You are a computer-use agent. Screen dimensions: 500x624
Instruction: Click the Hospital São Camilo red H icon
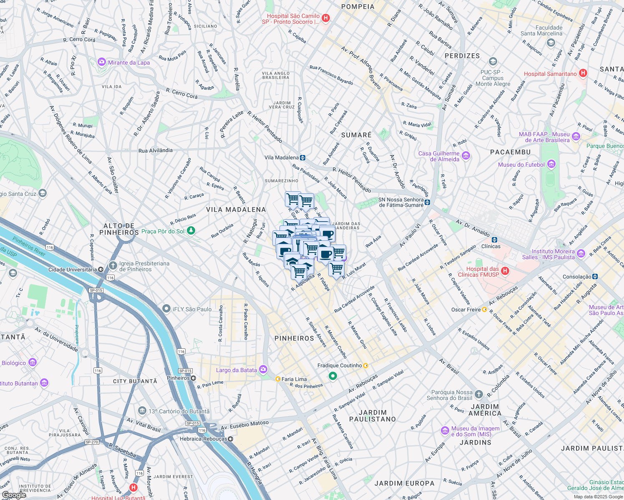click(326, 18)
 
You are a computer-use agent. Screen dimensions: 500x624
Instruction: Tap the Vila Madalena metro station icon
click(302, 157)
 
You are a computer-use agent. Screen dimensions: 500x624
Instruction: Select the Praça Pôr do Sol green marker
click(191, 230)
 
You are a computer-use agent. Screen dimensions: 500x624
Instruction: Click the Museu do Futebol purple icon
click(551, 164)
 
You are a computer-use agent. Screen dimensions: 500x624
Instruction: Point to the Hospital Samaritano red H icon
click(583, 73)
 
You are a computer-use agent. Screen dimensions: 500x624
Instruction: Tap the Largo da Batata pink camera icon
click(263, 370)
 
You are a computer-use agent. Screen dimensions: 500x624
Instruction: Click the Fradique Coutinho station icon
click(366, 365)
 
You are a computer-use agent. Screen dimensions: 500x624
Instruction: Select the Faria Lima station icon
click(278, 379)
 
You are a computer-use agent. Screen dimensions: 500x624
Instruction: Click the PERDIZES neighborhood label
click(462, 56)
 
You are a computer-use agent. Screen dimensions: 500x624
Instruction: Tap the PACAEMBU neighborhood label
click(510, 152)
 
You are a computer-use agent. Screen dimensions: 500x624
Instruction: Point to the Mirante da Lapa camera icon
click(102, 62)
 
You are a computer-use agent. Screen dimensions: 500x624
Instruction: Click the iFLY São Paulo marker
click(166, 309)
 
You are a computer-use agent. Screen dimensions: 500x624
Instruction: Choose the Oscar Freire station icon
click(484, 309)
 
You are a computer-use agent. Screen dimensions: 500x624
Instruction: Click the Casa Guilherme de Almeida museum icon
click(466, 156)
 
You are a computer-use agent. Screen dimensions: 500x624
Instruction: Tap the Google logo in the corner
click(14, 495)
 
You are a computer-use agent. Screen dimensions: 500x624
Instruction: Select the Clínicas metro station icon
click(494, 240)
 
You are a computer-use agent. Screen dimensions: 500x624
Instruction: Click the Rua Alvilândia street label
click(155, 150)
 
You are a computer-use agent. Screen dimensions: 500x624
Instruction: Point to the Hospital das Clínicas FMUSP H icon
click(505, 271)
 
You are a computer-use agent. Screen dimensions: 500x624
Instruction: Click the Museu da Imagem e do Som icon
click(445, 430)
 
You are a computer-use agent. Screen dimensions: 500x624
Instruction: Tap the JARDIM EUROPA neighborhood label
click(404, 483)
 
